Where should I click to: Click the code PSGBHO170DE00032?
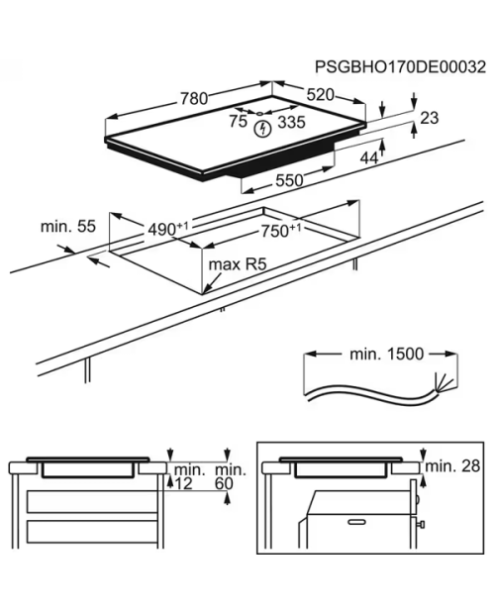click(x=400, y=67)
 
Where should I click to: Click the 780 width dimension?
click(x=194, y=99)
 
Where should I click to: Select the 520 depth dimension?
click(x=321, y=95)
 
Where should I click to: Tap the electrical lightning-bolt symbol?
click(x=263, y=129)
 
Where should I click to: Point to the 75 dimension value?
click(x=238, y=122)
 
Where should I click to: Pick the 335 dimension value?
click(x=291, y=122)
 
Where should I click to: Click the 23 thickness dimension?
click(x=430, y=118)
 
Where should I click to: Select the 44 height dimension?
click(x=369, y=157)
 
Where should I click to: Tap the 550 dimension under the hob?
click(x=289, y=180)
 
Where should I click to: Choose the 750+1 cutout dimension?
click(x=281, y=231)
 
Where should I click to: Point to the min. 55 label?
click(x=68, y=227)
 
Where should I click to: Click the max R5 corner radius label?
click(x=238, y=264)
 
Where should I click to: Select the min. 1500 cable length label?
click(x=387, y=354)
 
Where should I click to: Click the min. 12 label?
click(x=189, y=476)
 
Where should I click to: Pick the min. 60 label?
click(x=231, y=476)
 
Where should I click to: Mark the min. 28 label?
click(x=452, y=466)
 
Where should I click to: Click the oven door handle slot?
click(x=356, y=522)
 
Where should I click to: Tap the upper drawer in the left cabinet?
click(x=92, y=502)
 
